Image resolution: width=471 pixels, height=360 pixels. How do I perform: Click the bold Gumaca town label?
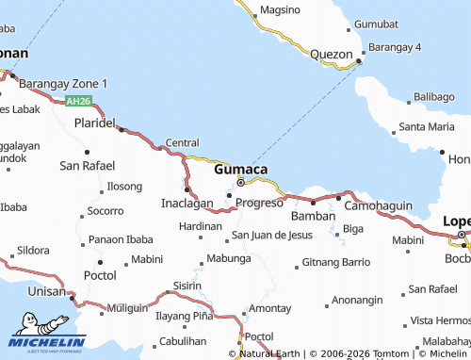point(240,170)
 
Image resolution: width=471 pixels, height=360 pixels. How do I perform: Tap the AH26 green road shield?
point(78,101)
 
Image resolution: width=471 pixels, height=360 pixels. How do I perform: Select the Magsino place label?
point(280,9)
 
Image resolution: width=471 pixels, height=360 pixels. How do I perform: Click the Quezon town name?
point(330,55)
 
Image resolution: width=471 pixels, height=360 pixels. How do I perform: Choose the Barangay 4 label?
point(396,46)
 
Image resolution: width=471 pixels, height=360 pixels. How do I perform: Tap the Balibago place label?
point(433,97)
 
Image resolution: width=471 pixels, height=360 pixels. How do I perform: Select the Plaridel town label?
point(94,123)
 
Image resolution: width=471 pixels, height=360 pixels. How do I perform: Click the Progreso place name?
point(259,203)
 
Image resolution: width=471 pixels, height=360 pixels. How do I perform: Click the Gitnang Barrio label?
point(335,261)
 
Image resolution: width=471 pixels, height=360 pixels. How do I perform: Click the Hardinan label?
point(200,226)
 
